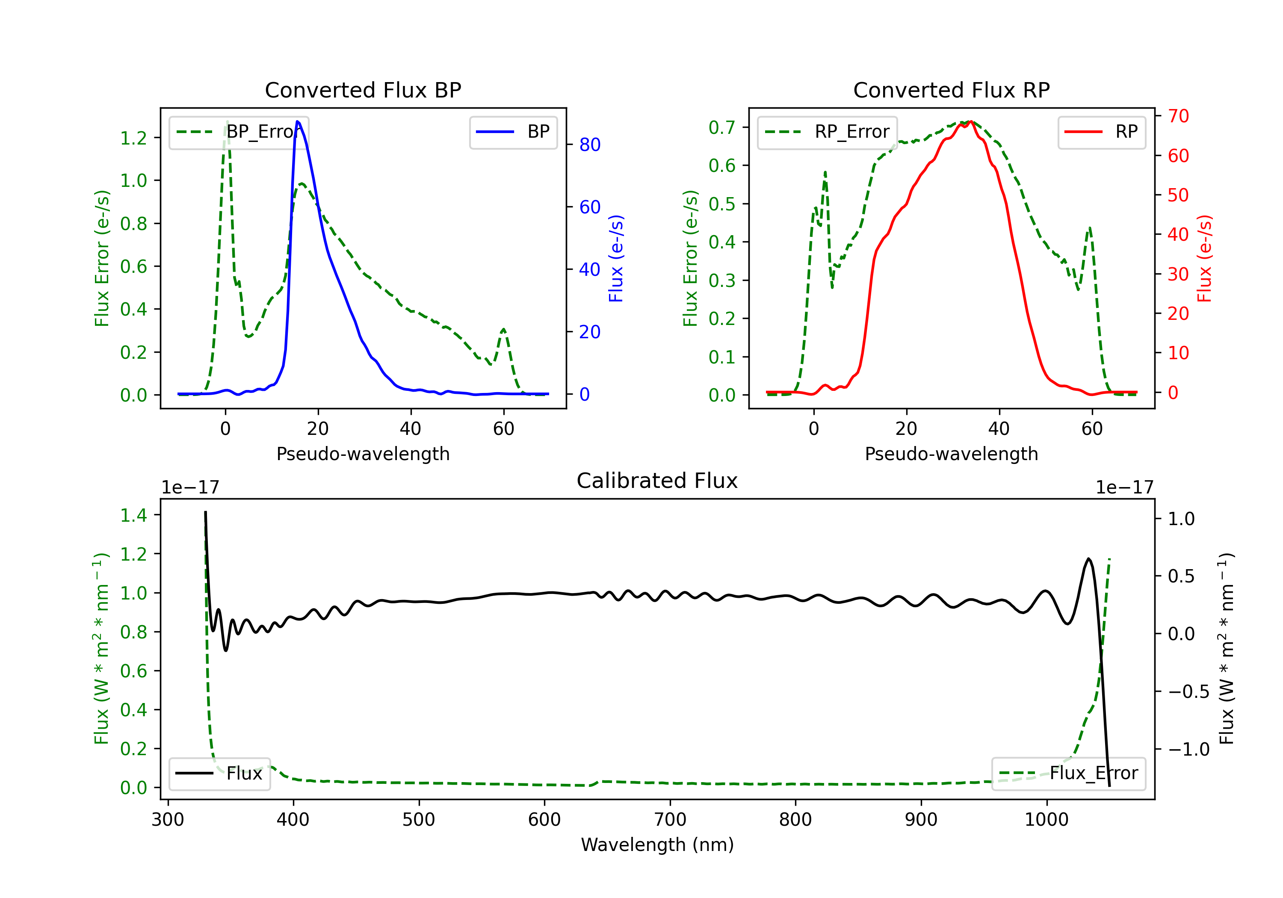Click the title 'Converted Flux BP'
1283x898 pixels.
click(363, 90)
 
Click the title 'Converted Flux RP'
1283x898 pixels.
click(951, 90)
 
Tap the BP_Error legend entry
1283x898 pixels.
click(239, 132)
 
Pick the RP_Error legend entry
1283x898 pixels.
click(827, 132)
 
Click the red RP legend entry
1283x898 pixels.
click(1101, 132)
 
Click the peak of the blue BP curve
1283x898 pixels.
click(297, 121)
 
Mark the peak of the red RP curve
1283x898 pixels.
click(971, 121)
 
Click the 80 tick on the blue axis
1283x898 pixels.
click(589, 145)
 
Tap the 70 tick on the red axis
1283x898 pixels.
click(1178, 116)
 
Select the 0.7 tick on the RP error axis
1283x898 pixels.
click(722, 127)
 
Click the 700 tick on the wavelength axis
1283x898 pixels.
click(669, 820)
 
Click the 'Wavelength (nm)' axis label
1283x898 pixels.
click(657, 845)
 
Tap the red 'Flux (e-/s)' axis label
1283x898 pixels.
click(1204, 258)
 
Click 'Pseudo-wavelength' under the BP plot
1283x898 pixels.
click(363, 454)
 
